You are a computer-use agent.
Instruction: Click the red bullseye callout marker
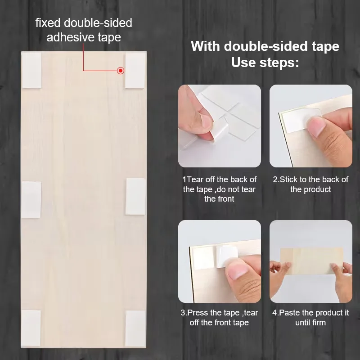point(121,71)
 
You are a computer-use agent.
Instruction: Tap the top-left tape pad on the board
point(31,70)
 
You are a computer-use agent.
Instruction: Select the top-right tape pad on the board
point(135,70)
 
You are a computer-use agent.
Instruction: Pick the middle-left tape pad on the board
point(31,199)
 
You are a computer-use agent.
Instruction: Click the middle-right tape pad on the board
point(136,197)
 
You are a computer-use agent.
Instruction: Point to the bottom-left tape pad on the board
point(31,328)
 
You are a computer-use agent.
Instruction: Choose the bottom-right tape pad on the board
point(135,328)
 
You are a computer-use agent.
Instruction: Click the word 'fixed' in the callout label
point(48,23)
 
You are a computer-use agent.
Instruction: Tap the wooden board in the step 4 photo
point(311,261)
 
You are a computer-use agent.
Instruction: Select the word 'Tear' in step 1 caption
point(195,179)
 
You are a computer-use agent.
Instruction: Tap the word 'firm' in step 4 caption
point(319,323)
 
